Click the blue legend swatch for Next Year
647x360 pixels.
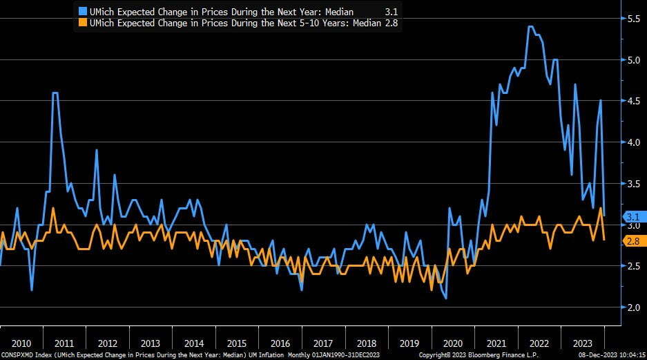pyautogui.click(x=83, y=12)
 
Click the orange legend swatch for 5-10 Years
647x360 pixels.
pyautogui.click(x=83, y=22)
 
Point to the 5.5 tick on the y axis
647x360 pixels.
pyautogui.click(x=632, y=19)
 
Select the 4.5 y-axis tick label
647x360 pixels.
pyautogui.click(x=632, y=101)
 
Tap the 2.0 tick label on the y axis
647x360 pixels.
pyautogui.click(x=632, y=307)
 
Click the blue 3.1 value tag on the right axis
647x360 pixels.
pyautogui.click(x=632, y=216)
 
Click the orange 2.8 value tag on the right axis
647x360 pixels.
pyautogui.click(x=632, y=241)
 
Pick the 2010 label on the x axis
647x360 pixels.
pyautogui.click(x=21, y=343)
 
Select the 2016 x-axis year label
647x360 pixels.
pyautogui.click(x=280, y=343)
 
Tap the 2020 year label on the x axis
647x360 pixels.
pyautogui.click(x=452, y=343)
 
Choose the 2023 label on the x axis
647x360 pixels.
pyautogui.click(x=581, y=343)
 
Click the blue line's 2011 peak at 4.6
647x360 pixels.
pyautogui.click(x=55, y=93)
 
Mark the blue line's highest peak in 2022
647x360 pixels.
pyautogui.click(x=530, y=27)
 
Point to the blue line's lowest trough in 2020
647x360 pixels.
pyautogui.click(x=446, y=299)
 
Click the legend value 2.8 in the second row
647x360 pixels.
pyautogui.click(x=392, y=22)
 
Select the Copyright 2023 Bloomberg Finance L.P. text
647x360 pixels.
pyautogui.click(x=467, y=355)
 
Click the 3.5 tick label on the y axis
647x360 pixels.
pyautogui.click(x=632, y=183)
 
